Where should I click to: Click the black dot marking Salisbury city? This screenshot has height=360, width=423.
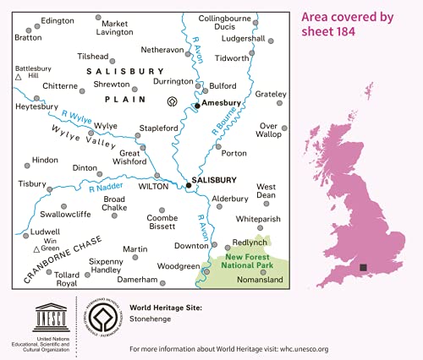coord(190,185)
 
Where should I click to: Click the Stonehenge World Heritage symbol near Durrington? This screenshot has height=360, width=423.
coord(173,102)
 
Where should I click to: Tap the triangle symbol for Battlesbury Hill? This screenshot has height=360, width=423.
coord(19,77)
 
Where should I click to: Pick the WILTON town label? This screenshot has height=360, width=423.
coord(154,185)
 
